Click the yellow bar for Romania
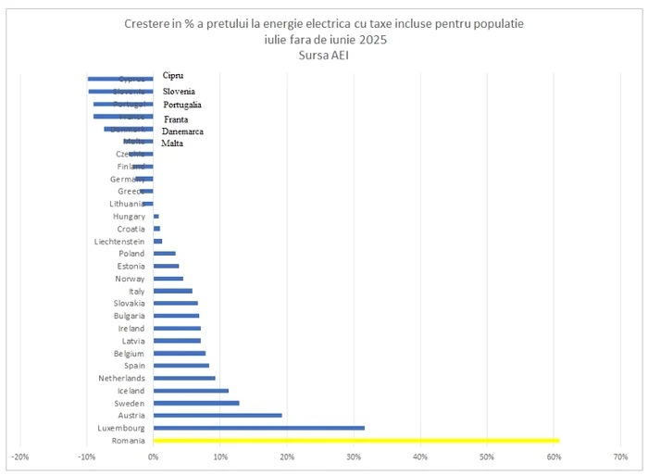[x=356, y=441]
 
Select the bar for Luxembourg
[x=259, y=428]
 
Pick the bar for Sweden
[x=196, y=403]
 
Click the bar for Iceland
[x=191, y=391]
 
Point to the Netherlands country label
[x=121, y=378]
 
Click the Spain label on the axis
[x=133, y=366]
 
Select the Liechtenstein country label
[x=119, y=241]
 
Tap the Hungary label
[x=129, y=216]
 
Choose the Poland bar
[x=165, y=253]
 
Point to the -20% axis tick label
[x=19, y=456]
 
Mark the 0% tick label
[x=153, y=456]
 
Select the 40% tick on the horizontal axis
[x=420, y=456]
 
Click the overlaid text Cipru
[x=172, y=75]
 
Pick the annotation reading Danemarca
[x=182, y=131]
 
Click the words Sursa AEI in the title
[x=323, y=56]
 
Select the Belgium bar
[x=180, y=353]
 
